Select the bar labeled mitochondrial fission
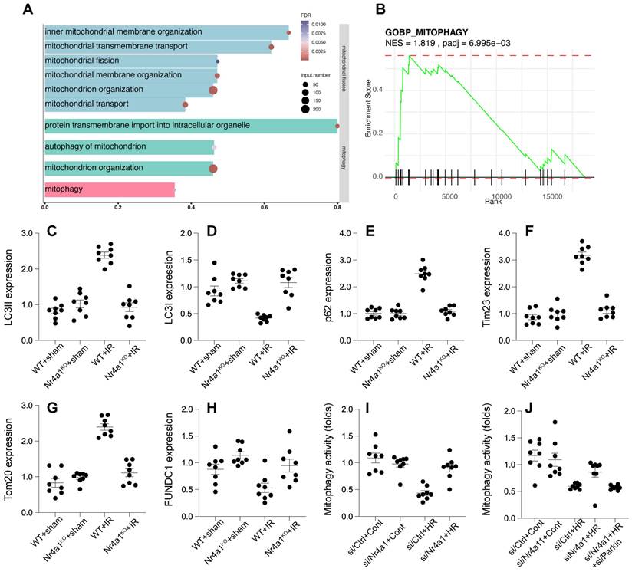(130, 61)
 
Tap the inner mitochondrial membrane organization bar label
(123, 32)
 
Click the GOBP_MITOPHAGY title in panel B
(426, 32)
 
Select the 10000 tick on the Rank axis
(500, 196)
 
